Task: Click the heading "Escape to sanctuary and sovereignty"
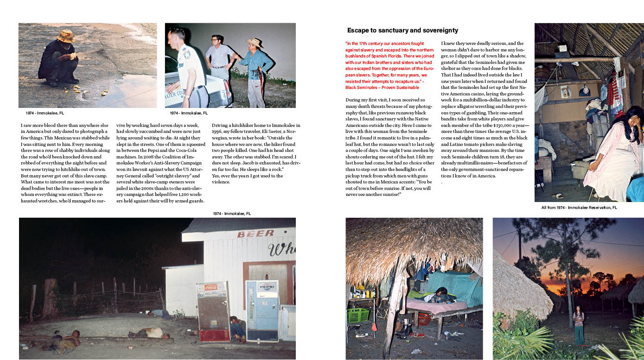[402, 31]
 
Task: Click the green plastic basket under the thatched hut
[357, 315]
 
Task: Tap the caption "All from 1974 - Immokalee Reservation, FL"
[579, 208]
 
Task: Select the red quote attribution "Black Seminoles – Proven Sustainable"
[383, 87]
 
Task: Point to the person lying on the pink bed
[437, 295]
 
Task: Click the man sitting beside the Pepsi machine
[238, 328]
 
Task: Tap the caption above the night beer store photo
[232, 214]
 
